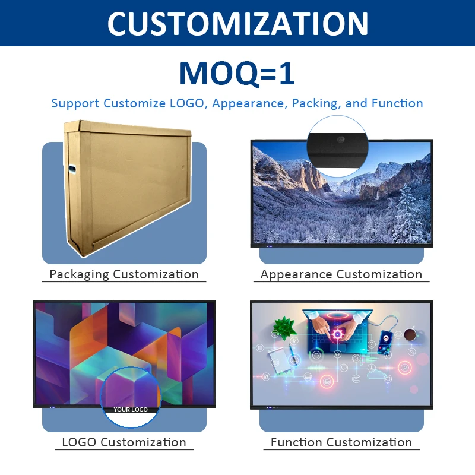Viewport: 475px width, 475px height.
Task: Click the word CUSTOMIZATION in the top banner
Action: click(x=237, y=23)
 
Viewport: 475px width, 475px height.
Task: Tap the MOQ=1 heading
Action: click(x=237, y=73)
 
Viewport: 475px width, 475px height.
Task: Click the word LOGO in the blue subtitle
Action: click(x=186, y=103)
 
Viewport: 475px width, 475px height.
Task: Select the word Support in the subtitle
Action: click(x=75, y=103)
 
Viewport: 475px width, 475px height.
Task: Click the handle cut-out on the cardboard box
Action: click(x=72, y=170)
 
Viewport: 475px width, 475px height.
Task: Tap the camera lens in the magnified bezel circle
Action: click(x=341, y=139)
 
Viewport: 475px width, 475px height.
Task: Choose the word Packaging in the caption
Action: click(x=79, y=274)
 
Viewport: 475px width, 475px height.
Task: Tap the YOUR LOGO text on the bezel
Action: click(x=131, y=410)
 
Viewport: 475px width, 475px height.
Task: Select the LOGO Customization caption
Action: click(x=124, y=442)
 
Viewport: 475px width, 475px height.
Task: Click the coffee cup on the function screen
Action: click(x=410, y=336)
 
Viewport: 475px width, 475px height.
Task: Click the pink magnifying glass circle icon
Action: click(x=406, y=368)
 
